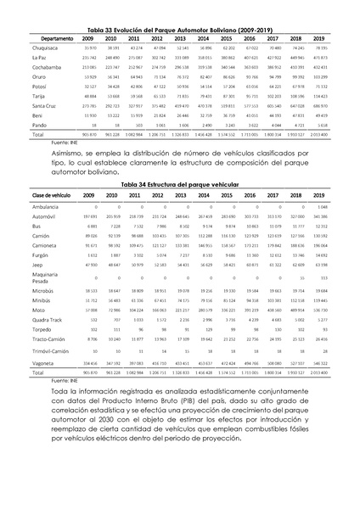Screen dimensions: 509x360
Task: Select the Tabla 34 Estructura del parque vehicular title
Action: [x=180, y=184]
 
